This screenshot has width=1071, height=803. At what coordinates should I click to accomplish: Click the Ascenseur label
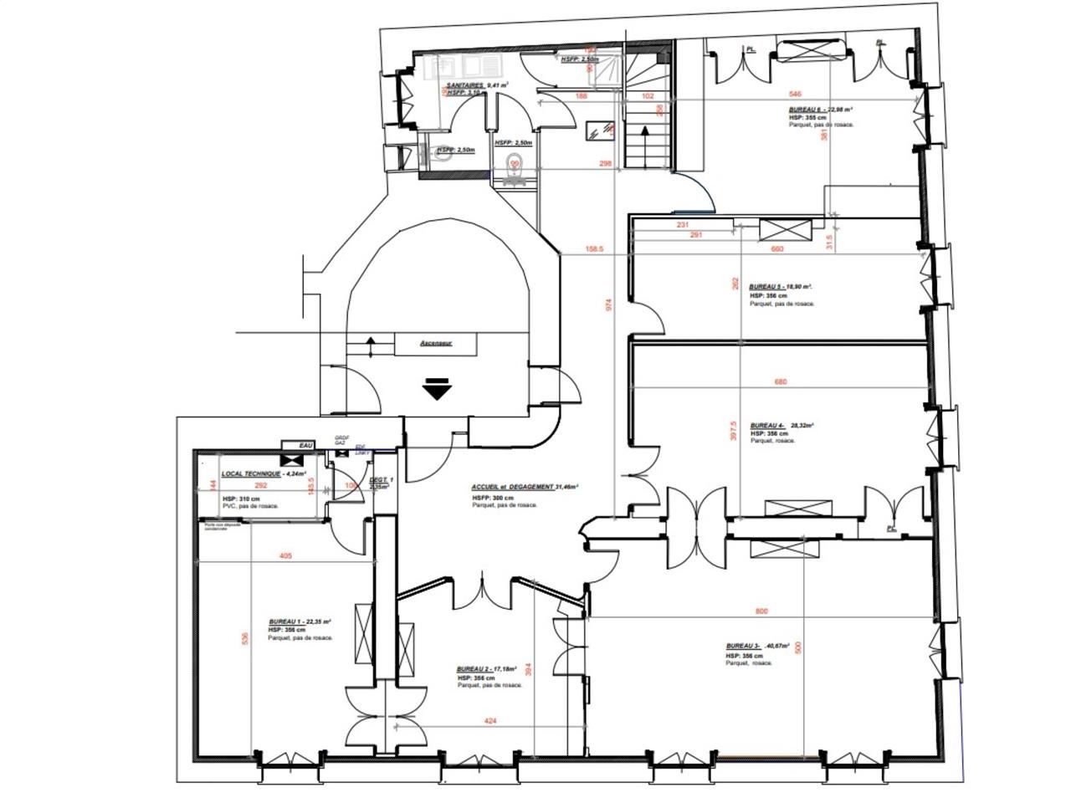click(436, 343)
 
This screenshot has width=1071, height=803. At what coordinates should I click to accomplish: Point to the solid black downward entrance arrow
click(437, 390)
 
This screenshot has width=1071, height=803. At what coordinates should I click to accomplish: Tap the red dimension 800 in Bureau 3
click(761, 611)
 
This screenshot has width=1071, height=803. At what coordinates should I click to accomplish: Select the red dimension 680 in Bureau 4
click(780, 382)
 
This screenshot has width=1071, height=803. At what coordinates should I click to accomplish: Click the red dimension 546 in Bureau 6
click(796, 95)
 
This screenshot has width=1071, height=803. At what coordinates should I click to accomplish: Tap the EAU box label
click(305, 446)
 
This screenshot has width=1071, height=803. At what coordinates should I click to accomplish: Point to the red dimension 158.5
click(595, 248)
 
